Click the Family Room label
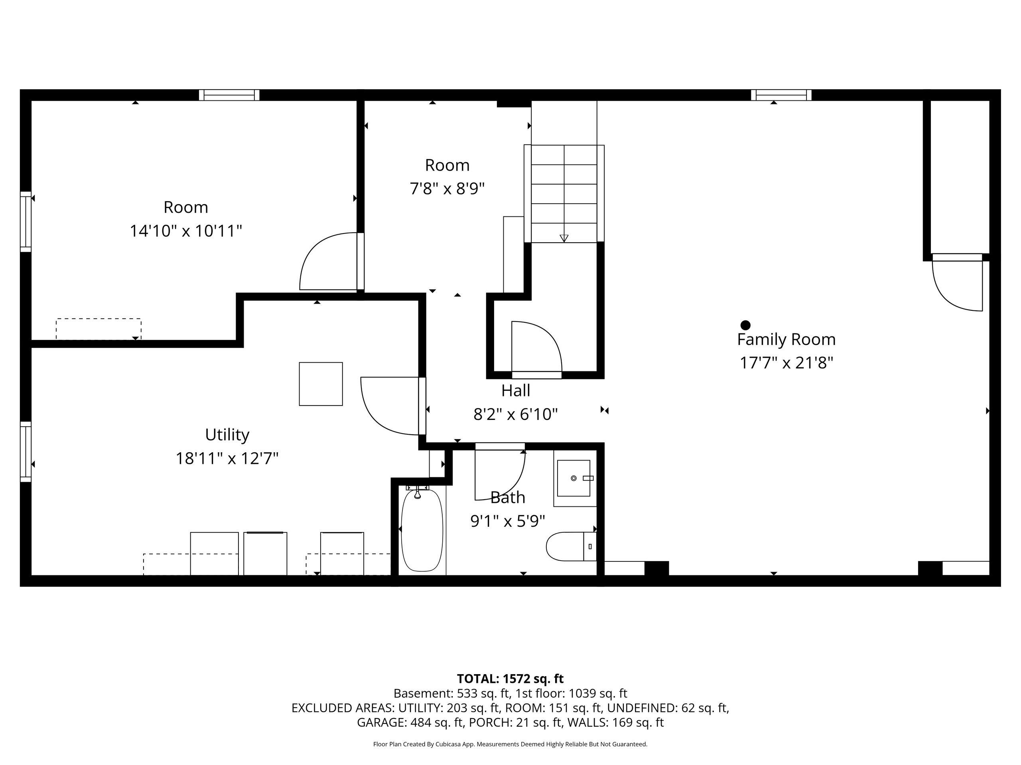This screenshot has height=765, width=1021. [786, 339]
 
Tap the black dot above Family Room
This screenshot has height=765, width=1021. [745, 325]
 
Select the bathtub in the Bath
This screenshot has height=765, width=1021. [422, 530]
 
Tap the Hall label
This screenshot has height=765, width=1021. [516, 390]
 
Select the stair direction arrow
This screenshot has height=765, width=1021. [564, 238]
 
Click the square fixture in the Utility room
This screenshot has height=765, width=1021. [321, 384]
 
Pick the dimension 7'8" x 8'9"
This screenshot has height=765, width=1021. [447, 188]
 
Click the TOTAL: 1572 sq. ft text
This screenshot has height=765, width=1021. [510, 679]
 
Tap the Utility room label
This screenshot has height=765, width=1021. [227, 434]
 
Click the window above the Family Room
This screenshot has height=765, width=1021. [781, 95]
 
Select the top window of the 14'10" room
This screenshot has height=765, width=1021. [229, 95]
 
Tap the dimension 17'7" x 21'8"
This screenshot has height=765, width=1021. [786, 363]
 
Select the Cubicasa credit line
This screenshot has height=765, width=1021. [510, 744]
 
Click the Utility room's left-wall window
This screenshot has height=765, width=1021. [26, 452]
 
